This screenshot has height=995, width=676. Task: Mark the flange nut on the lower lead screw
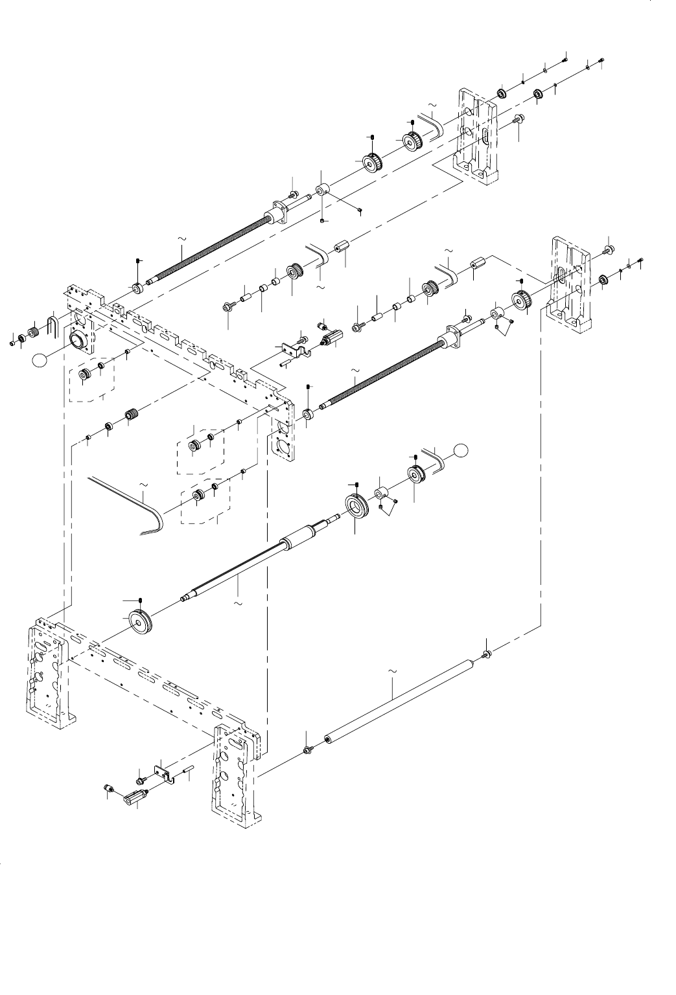coord(452,336)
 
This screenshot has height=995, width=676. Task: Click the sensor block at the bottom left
coord(134,796)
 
